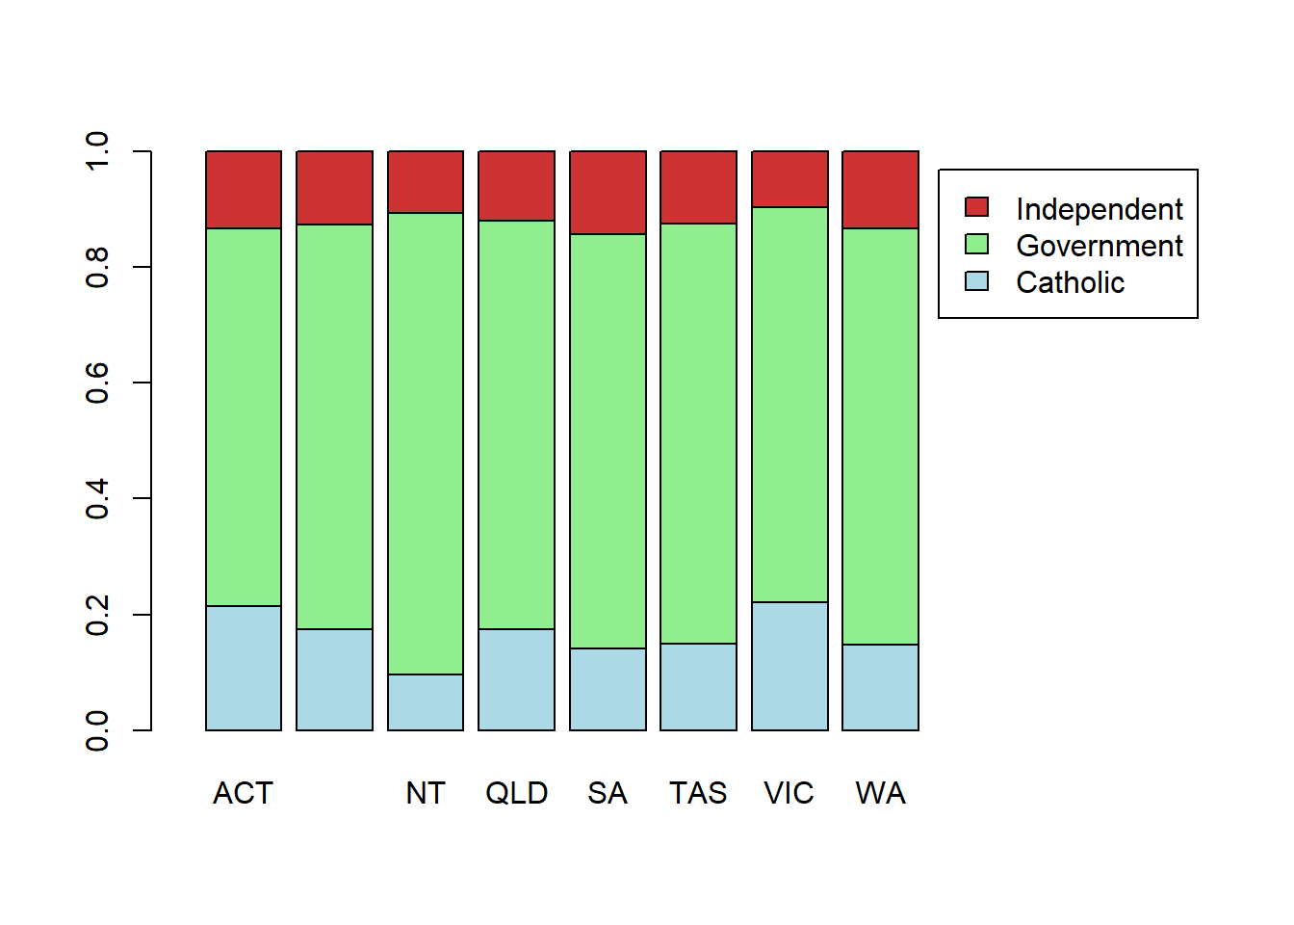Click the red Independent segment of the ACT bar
tap(244, 190)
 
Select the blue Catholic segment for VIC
tap(789, 666)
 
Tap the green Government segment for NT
tap(426, 443)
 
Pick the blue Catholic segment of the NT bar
tap(426, 702)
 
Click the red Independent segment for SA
tap(608, 193)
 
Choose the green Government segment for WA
tap(880, 436)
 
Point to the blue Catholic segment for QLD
tap(516, 679)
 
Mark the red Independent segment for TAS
tap(698, 187)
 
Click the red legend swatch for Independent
tap(976, 207)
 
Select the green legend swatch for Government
tap(976, 245)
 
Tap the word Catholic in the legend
tap(1070, 282)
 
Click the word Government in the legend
tap(1099, 246)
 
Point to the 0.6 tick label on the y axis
tap(97, 383)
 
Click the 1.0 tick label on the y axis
tap(97, 151)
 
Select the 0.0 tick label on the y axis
tap(97, 730)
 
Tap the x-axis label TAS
tap(698, 793)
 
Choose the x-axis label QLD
tap(516, 793)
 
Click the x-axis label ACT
tap(243, 793)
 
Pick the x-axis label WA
tap(880, 793)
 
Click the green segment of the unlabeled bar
tap(334, 426)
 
